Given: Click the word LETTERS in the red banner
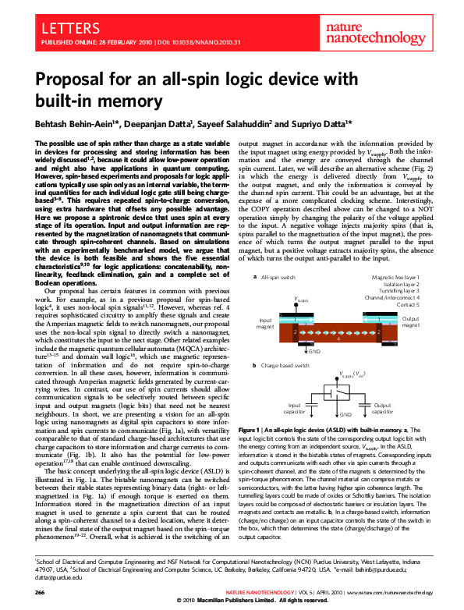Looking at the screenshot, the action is [x=62, y=29].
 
